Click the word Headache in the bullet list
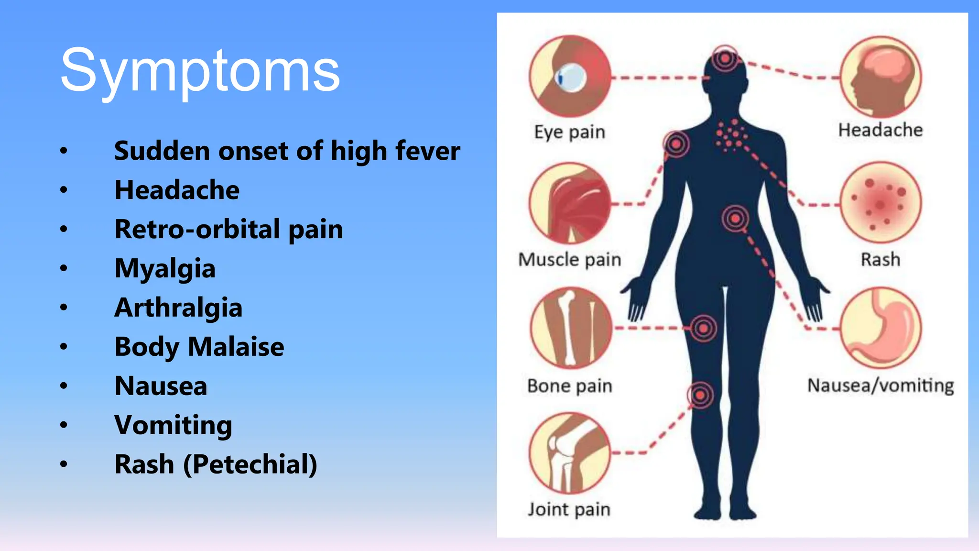[x=177, y=190]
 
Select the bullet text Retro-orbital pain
[x=228, y=229]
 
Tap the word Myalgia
[x=165, y=268]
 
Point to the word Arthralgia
[x=178, y=308]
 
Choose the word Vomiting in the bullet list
[x=173, y=425]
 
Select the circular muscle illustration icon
[x=570, y=204]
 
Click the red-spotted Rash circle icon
[x=881, y=203]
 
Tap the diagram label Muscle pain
[x=570, y=260]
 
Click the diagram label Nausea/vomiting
[x=881, y=386]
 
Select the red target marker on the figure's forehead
[x=725, y=58]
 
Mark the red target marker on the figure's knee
[x=700, y=395]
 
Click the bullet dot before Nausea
[x=64, y=386]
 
